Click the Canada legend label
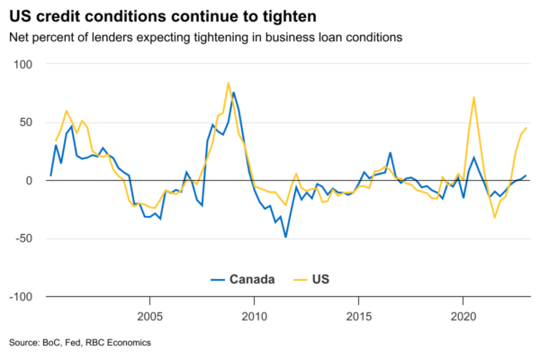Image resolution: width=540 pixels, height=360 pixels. click(x=253, y=279)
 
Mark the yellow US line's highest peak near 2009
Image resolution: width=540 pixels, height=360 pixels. click(x=228, y=83)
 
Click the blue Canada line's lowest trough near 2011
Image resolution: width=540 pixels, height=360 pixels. click(x=285, y=237)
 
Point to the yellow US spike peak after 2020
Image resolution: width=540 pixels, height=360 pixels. click(x=473, y=97)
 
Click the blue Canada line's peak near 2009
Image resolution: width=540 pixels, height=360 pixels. click(x=233, y=93)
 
